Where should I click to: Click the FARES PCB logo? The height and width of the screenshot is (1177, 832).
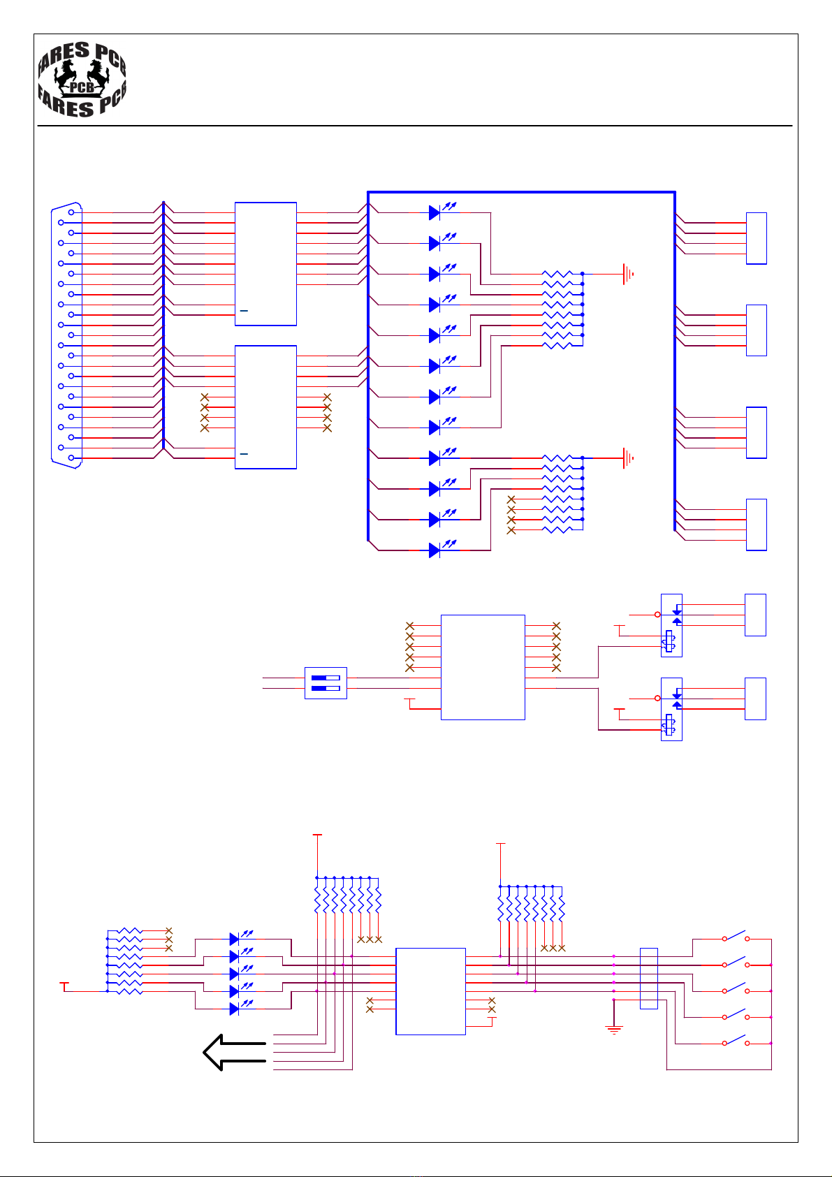82,79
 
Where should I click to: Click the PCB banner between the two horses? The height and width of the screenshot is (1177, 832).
82,87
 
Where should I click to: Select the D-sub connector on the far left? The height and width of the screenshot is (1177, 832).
67,335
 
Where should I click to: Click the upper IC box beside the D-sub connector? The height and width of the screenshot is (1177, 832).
265,263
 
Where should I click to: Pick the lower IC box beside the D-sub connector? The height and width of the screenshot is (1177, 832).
265,407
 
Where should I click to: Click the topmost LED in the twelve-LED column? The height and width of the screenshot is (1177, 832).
435,212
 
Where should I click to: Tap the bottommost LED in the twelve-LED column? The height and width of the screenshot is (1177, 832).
435,550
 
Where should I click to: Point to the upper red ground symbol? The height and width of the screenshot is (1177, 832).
628,274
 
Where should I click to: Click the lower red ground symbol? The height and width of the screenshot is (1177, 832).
628,458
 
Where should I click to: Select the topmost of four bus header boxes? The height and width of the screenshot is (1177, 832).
756,238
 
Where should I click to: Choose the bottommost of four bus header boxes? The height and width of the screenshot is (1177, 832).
756,525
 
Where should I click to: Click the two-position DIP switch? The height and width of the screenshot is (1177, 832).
326,683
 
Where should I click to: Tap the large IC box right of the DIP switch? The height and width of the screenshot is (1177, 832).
483,667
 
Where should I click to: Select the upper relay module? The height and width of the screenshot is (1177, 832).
671,625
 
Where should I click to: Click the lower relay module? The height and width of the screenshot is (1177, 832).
671,709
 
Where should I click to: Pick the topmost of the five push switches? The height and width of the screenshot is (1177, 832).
735,938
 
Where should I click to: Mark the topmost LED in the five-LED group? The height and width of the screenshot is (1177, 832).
235,939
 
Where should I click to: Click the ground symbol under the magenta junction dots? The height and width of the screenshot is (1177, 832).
614,1029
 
